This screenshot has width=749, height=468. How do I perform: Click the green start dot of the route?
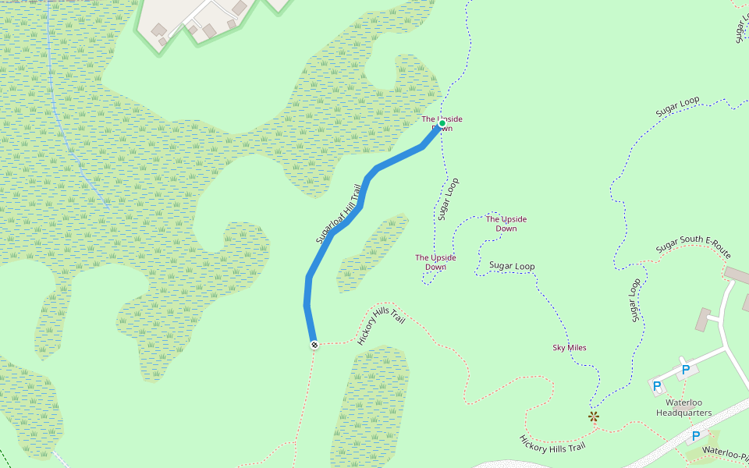point(442,123)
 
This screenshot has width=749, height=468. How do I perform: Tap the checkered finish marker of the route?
point(314,344)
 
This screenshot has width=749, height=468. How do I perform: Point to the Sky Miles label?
point(569,348)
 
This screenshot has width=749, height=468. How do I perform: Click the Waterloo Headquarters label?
point(683,407)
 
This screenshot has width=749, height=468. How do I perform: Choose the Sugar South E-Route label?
point(693,247)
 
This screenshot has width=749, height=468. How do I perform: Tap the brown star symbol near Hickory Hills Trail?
point(594,417)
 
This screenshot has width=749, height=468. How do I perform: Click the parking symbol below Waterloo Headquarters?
point(694,435)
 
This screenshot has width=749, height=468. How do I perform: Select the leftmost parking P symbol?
point(656,385)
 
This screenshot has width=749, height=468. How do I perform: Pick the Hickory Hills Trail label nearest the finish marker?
point(381,325)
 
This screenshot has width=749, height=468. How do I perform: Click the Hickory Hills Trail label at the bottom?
point(552,443)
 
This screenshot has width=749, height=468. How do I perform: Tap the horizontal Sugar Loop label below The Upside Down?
point(512,266)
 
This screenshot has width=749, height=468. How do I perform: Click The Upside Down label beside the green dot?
point(442,123)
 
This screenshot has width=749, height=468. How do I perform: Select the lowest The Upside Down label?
point(435,262)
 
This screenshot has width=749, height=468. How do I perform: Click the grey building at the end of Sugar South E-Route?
point(736,275)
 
